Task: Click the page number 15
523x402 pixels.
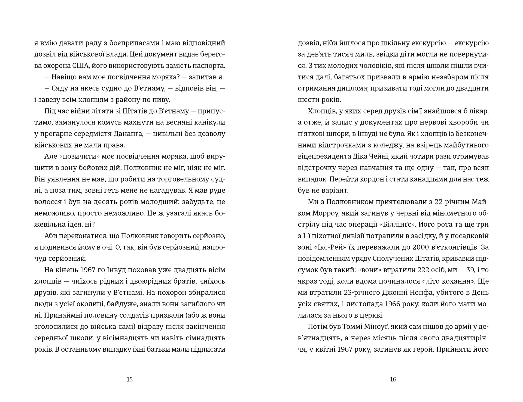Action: [x=130, y=379]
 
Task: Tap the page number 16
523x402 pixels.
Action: [x=393, y=379]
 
